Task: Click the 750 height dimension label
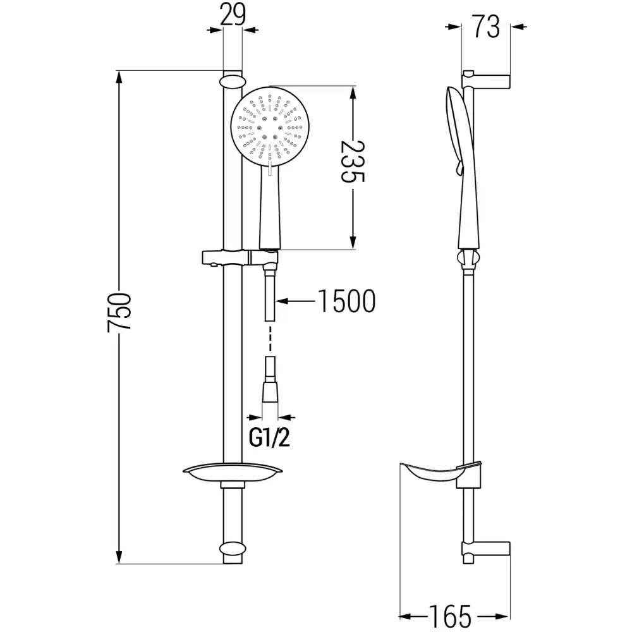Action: point(119,312)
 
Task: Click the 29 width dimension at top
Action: point(233,15)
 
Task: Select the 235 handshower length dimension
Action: point(353,161)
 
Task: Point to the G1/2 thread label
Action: point(270,437)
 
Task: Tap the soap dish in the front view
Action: point(232,471)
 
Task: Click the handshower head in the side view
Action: point(456,126)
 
